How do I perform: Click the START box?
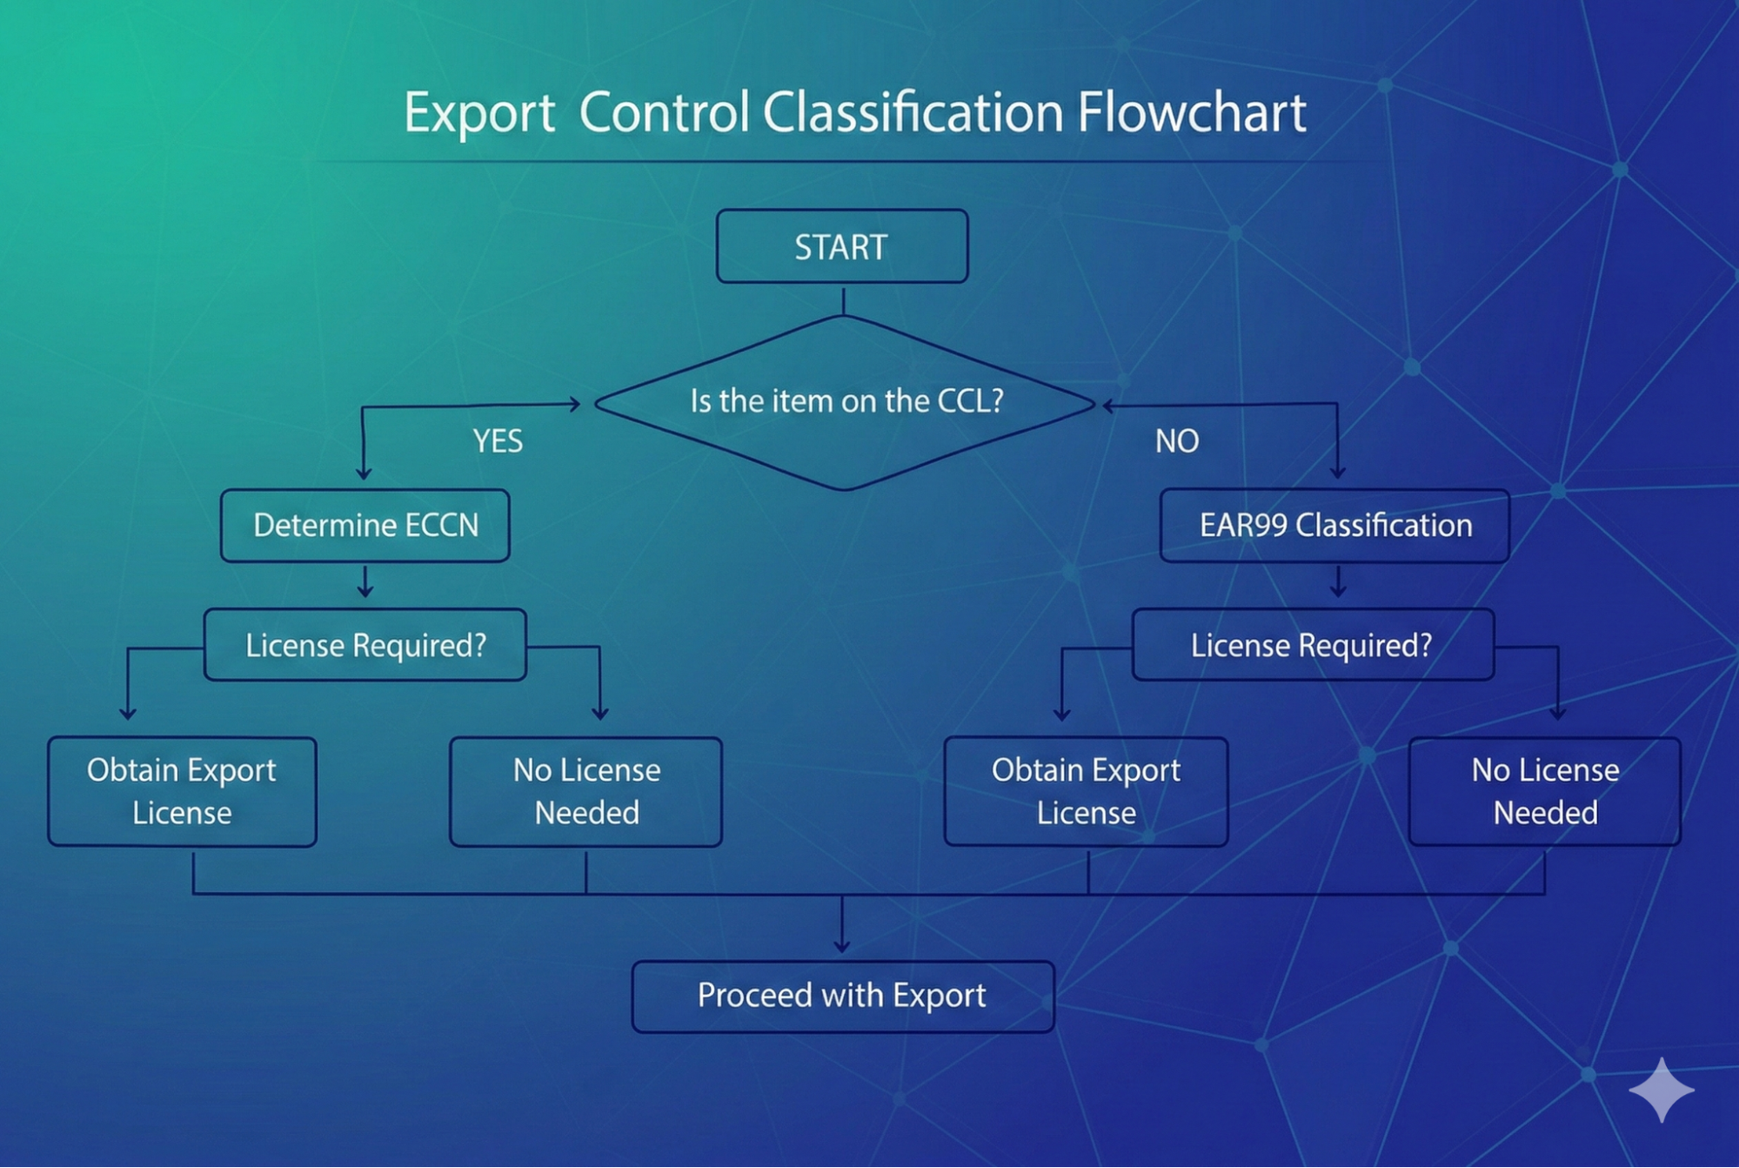842,246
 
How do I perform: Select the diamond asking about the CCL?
844,403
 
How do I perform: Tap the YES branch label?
498,441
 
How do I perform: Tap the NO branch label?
1177,441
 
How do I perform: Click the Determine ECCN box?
365,526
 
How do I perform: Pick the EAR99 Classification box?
1334,526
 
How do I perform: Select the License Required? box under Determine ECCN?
365,645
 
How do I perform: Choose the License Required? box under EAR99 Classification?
1313,645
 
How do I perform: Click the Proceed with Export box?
843,997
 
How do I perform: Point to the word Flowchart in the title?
1192,112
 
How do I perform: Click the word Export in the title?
479,114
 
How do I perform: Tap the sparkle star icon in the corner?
1662,1090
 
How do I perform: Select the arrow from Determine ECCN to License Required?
365,581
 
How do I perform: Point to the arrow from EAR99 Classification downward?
1338,581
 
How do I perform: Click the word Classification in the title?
913,112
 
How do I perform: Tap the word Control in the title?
664,112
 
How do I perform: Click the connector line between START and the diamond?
843,300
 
